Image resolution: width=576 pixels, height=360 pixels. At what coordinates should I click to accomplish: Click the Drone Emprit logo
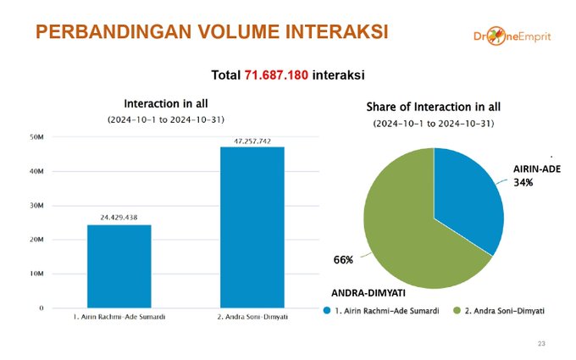512,36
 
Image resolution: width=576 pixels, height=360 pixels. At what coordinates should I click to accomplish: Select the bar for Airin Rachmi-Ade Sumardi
119,266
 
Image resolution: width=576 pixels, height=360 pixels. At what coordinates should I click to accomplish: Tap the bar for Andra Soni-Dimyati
252,227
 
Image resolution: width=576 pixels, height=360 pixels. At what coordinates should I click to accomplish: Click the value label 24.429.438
119,218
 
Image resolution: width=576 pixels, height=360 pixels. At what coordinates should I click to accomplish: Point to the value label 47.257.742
252,141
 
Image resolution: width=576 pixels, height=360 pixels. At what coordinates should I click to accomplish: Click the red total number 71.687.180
276,75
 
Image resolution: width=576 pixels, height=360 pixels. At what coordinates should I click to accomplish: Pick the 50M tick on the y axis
36,137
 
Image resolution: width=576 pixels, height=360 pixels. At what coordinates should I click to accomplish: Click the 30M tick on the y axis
36,205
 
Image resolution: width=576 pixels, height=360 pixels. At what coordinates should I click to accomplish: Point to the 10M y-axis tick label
36,274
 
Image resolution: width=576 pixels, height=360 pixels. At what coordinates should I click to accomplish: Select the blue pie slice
467,198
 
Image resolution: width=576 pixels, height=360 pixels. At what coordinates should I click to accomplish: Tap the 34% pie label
523,183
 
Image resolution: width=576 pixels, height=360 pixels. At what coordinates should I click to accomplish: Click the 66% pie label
343,260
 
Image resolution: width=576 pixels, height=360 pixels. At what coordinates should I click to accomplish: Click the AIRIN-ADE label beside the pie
537,169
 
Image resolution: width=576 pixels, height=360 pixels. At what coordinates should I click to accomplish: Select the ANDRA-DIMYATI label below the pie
368,293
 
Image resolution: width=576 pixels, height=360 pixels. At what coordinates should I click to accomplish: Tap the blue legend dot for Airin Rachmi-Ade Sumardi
327,310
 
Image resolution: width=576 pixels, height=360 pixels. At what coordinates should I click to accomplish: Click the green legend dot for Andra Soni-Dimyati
457,310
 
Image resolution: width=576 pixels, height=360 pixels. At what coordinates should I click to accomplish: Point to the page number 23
541,344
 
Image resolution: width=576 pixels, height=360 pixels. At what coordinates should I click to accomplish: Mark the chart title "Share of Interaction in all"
434,107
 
